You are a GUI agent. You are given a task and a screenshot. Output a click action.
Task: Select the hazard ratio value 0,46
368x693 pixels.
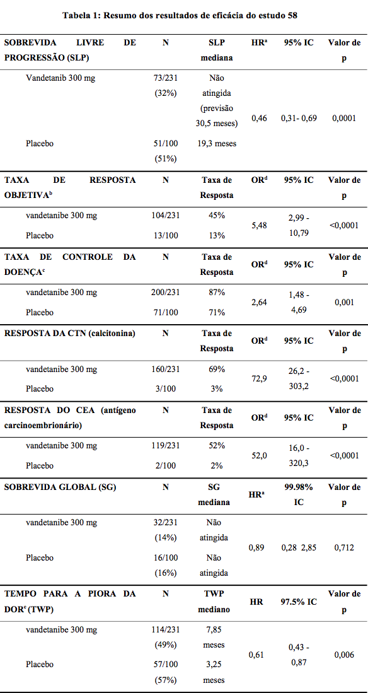[x=259, y=119]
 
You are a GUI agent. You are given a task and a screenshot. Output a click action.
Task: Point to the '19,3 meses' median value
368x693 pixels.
[x=217, y=143]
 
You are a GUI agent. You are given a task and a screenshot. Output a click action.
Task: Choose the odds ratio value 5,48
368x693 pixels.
[x=259, y=226]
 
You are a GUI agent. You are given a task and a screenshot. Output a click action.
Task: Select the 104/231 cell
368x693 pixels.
[x=166, y=216]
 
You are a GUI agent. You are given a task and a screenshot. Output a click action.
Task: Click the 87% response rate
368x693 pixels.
[x=217, y=292]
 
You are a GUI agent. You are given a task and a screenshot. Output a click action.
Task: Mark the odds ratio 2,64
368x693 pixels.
[x=259, y=303]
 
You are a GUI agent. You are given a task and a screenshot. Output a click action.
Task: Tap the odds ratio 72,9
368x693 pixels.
[x=259, y=379]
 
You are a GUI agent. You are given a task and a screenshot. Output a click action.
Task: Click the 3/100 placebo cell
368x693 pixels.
[x=166, y=389]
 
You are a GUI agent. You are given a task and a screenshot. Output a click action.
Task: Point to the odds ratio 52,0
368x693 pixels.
[x=259, y=455]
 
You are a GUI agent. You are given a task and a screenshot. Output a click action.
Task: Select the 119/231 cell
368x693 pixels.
[x=166, y=445]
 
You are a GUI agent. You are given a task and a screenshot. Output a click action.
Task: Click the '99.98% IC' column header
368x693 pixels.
[x=299, y=494]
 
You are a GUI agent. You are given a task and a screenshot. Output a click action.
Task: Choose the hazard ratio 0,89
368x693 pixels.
[x=259, y=547]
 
